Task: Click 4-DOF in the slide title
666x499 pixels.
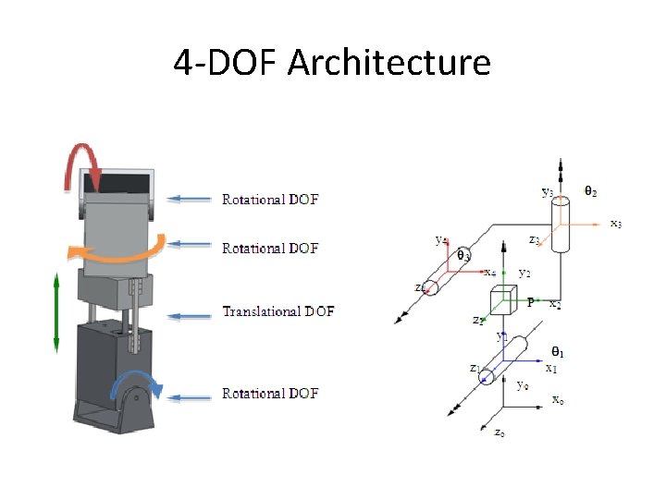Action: click(x=227, y=63)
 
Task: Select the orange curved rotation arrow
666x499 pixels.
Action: click(x=120, y=249)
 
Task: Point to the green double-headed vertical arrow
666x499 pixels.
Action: click(x=57, y=312)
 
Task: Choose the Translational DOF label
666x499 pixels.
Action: click(x=277, y=311)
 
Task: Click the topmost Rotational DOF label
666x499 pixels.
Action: click(x=270, y=199)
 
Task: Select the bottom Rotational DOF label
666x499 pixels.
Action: click(x=270, y=394)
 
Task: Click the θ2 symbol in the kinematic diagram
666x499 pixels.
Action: click(x=589, y=191)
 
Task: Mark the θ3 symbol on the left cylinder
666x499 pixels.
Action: click(x=462, y=255)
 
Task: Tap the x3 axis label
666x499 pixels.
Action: click(x=616, y=223)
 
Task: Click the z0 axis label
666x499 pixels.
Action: click(x=499, y=432)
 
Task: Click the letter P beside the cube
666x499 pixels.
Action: click(x=530, y=301)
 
